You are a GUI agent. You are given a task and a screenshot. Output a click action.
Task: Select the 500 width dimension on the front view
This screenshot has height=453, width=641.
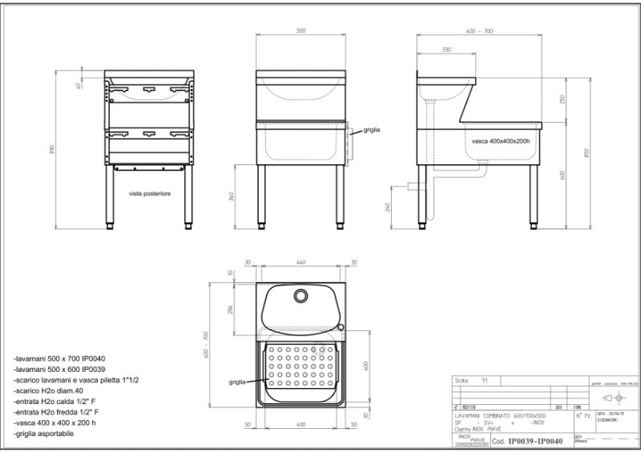click(300, 31)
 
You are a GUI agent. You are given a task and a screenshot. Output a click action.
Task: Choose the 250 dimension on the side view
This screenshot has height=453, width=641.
click(562, 99)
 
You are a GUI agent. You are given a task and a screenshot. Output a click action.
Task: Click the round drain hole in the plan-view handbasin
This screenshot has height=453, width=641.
click(301, 295)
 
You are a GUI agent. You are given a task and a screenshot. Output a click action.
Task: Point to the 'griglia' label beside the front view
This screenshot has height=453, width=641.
click(371, 128)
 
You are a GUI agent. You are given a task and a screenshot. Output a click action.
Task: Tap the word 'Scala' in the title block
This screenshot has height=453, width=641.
click(462, 380)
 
